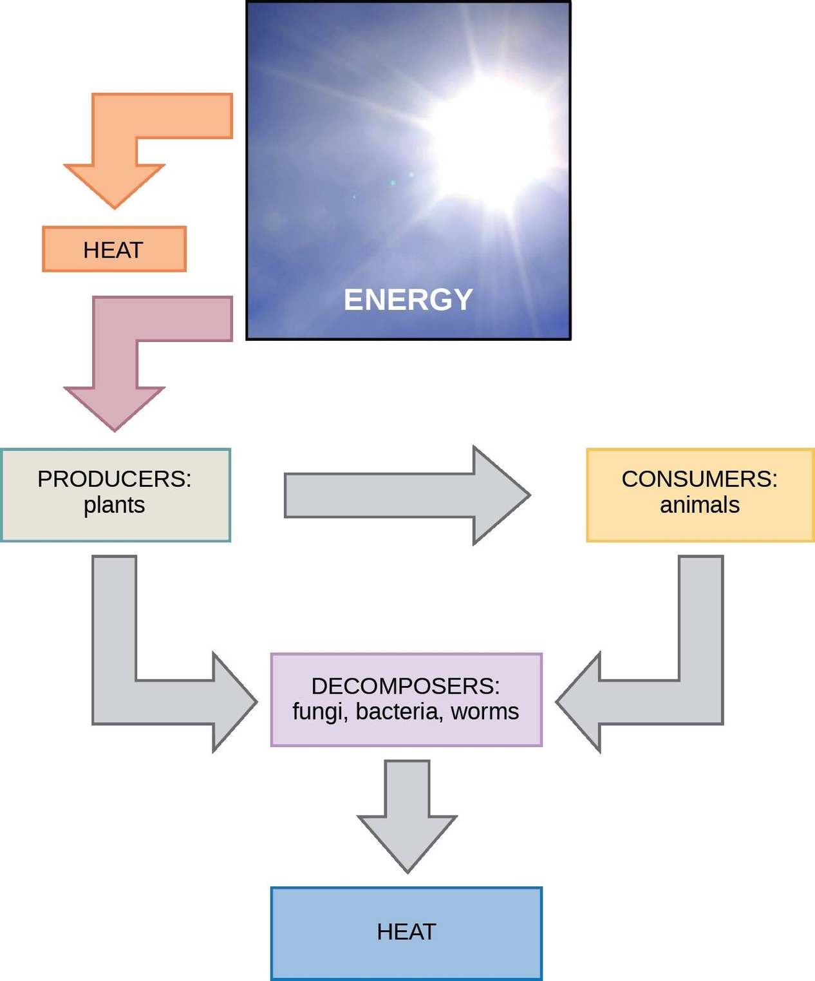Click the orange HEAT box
(x=114, y=249)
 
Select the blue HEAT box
(x=406, y=933)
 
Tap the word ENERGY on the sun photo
(x=408, y=300)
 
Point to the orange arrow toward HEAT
(x=115, y=155)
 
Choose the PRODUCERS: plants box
(x=115, y=495)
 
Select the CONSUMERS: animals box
(x=700, y=495)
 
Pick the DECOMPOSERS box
(x=406, y=700)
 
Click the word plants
(x=114, y=506)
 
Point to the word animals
(x=700, y=506)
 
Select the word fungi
(x=319, y=712)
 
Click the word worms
(x=485, y=712)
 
